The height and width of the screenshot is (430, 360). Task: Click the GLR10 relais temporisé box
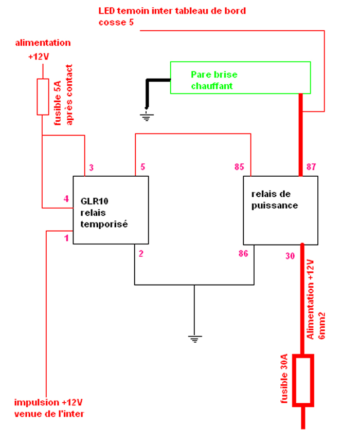point(111,210)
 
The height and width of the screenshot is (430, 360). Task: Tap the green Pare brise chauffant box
point(241,78)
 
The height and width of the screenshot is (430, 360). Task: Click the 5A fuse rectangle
point(43,97)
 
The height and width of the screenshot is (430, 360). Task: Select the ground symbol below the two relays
point(194,339)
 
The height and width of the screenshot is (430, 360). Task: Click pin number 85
point(239,167)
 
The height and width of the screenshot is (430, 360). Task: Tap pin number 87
point(311,167)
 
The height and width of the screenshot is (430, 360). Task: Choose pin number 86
point(243,253)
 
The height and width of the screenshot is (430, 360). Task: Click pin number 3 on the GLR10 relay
point(91,167)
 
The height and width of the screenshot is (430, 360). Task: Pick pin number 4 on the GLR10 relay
point(66,199)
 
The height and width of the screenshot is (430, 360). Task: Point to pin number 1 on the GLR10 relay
point(66,238)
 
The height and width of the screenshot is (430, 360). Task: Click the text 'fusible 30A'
point(284,383)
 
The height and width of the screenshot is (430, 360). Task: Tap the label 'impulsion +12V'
point(49,402)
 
